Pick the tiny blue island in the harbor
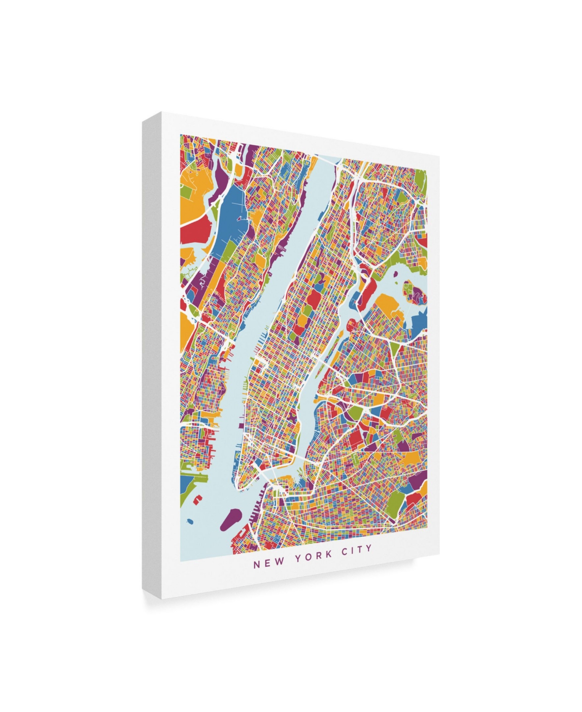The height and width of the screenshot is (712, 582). tap(190, 522)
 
